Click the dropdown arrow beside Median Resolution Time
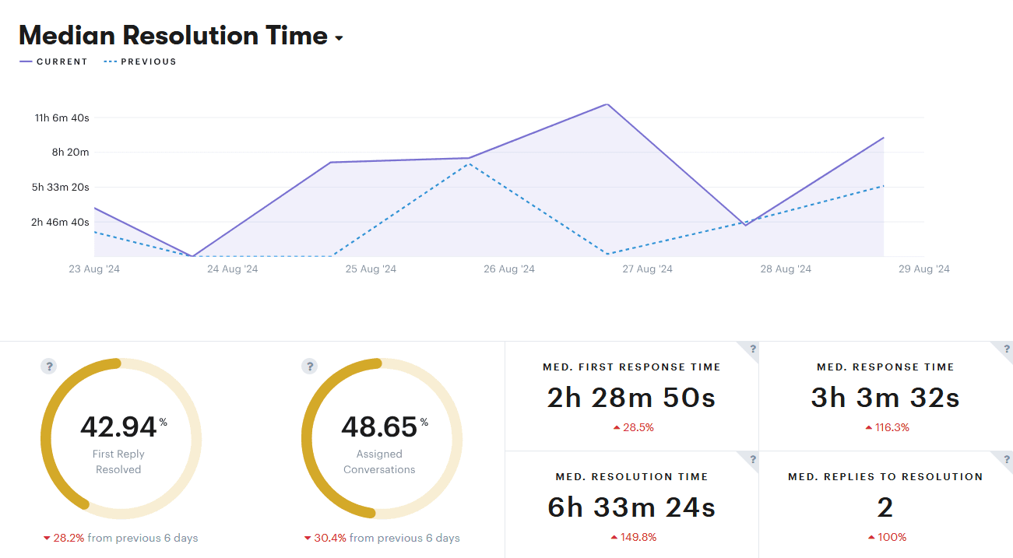[339, 38]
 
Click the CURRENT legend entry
[55, 61]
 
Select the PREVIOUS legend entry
[140, 61]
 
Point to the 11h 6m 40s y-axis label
[62, 118]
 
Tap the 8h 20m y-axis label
[71, 153]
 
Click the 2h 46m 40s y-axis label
[60, 222]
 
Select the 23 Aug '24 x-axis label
[94, 269]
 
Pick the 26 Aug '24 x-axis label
[509, 269]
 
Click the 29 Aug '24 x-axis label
[924, 269]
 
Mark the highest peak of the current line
[607, 104]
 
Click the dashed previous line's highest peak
[468, 163]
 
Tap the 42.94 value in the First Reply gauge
[119, 427]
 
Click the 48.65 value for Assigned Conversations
[380, 427]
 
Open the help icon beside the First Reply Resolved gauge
[48, 366]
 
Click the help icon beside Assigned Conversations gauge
[309, 366]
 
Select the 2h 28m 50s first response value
[631, 398]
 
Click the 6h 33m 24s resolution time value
[631, 507]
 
